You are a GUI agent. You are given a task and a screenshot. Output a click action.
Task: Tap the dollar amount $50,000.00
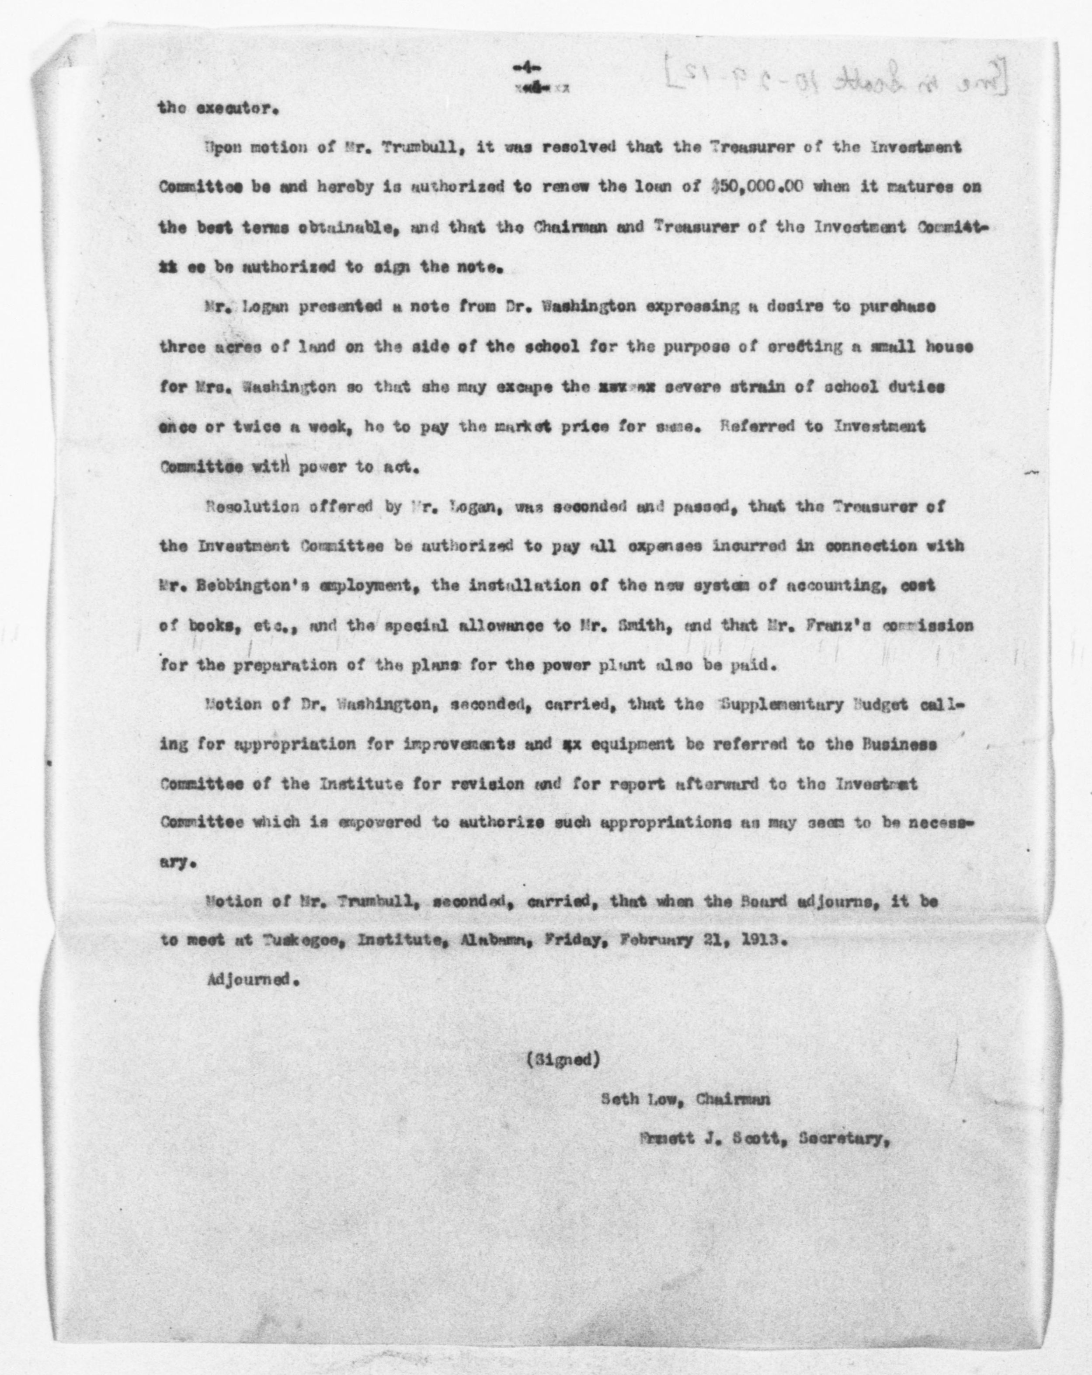pos(755,187)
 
